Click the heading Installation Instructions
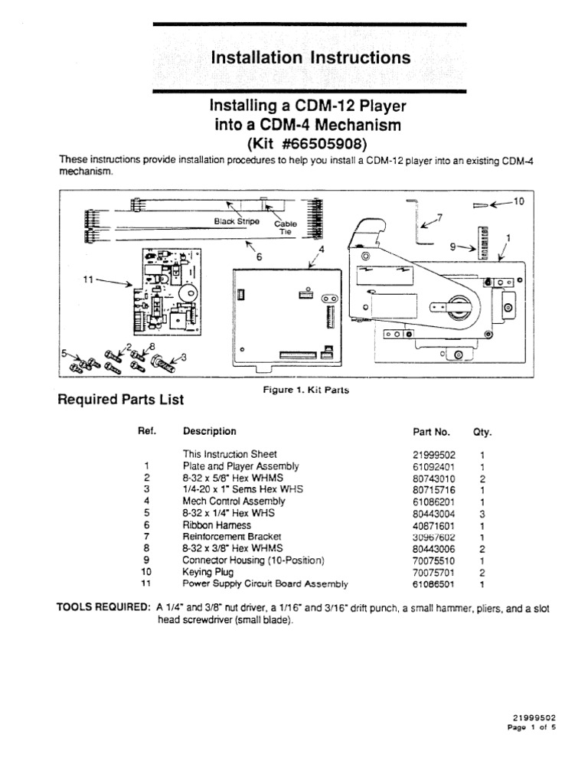click(x=310, y=57)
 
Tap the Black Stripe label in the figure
click(x=237, y=221)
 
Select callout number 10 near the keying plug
click(x=518, y=201)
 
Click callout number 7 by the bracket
click(x=439, y=217)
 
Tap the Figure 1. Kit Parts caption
click(x=305, y=390)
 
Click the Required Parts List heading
click(x=121, y=399)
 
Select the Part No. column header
click(x=431, y=432)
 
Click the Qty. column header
click(x=482, y=432)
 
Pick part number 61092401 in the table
click(x=434, y=465)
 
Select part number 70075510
click(x=434, y=560)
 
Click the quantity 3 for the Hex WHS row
click(x=482, y=513)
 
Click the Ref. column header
click(x=147, y=431)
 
